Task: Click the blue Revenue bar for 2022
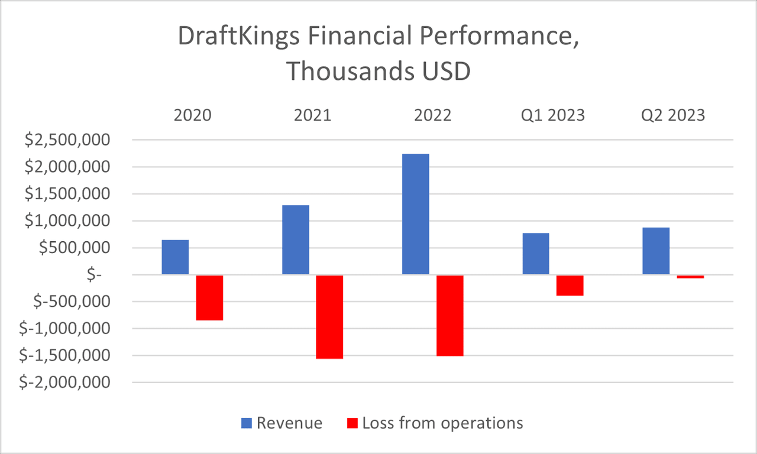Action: tap(416, 214)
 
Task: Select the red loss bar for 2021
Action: tap(329, 317)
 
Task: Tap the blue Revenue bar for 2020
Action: tap(175, 257)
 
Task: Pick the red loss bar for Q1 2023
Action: tap(570, 286)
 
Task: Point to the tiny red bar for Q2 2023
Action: tap(690, 277)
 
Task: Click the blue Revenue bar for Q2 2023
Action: tap(656, 251)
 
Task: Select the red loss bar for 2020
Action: tap(209, 298)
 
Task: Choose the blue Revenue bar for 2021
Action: tap(296, 239)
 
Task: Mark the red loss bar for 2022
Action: tap(450, 316)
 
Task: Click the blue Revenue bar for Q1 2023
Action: tap(536, 254)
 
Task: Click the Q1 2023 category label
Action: tap(553, 115)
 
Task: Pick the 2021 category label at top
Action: tap(312, 115)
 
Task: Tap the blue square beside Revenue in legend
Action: tap(246, 423)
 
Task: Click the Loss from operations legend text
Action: tap(442, 423)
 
